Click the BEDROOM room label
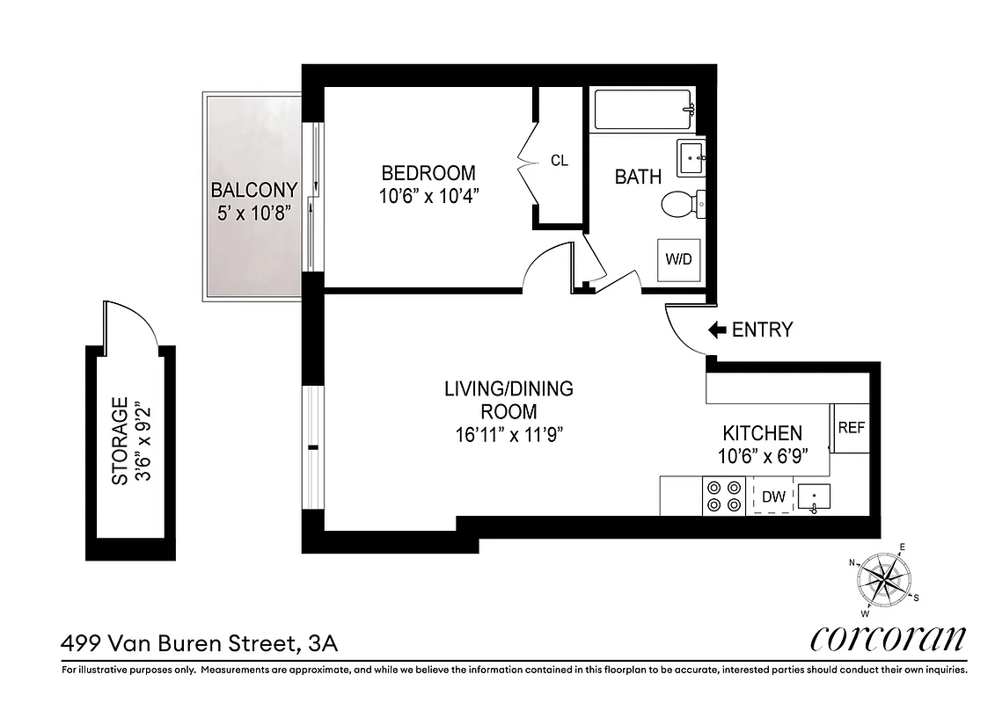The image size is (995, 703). pyautogui.click(x=428, y=173)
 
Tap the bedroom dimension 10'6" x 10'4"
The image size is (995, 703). pyautogui.click(x=428, y=196)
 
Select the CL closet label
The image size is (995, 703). pyautogui.click(x=559, y=161)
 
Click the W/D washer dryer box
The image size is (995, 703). pyautogui.click(x=678, y=259)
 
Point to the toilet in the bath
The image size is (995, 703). pyautogui.click(x=681, y=205)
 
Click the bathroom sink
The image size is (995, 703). pyautogui.click(x=691, y=158)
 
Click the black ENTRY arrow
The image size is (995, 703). pyautogui.click(x=717, y=330)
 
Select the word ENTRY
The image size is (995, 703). pyautogui.click(x=762, y=330)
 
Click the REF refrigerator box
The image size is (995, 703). pyautogui.click(x=850, y=428)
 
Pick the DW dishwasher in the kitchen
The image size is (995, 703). pyautogui.click(x=773, y=496)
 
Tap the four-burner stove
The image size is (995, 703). pyautogui.click(x=723, y=496)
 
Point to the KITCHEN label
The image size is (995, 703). pyautogui.click(x=762, y=433)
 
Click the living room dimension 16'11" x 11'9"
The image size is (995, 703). pyautogui.click(x=508, y=433)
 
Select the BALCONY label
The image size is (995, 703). pyautogui.click(x=253, y=190)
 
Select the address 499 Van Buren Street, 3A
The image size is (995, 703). pyautogui.click(x=199, y=643)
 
